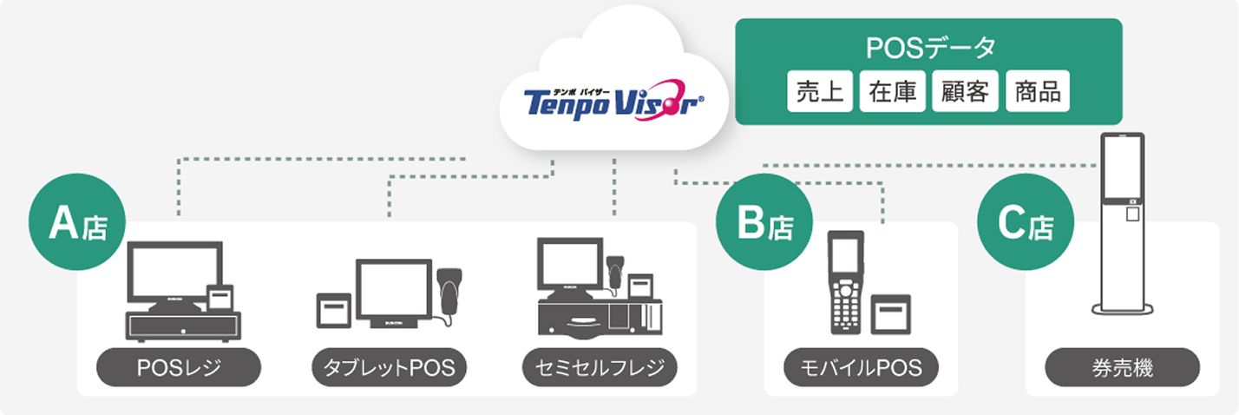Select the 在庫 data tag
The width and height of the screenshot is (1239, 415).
892,92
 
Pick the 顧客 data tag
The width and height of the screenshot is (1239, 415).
965,92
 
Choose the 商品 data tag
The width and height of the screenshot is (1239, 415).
1038,92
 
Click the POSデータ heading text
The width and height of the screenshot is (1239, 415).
929,49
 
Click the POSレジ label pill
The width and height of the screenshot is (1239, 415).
179,368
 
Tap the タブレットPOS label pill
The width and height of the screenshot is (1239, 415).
389,368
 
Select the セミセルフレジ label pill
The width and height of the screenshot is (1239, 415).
599,368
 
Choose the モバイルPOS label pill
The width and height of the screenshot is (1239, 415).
862,368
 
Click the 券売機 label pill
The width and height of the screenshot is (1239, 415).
1122,368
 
